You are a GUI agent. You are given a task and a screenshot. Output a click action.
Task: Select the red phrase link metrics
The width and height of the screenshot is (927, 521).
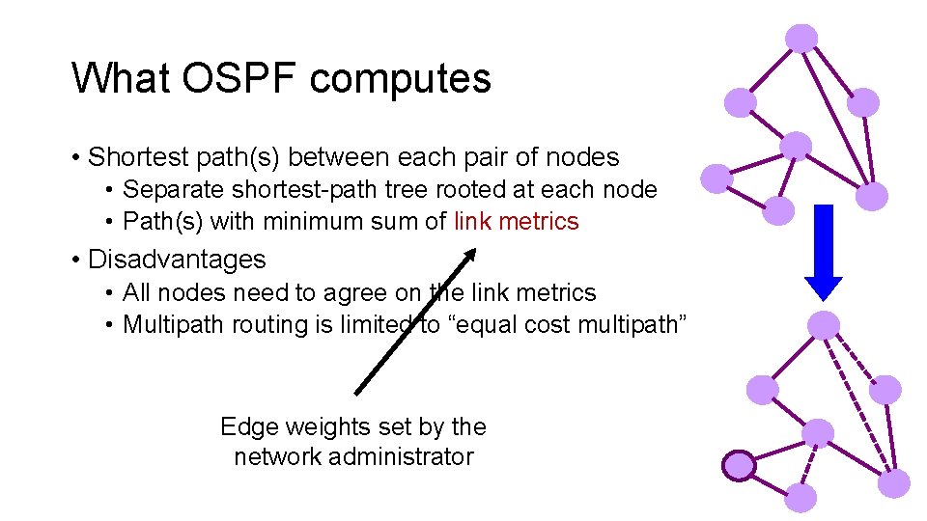(x=517, y=222)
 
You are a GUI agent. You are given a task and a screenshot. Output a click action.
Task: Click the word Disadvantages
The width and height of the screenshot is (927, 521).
(x=177, y=260)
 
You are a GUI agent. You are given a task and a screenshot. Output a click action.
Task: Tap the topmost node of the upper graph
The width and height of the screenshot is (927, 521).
(x=801, y=38)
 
